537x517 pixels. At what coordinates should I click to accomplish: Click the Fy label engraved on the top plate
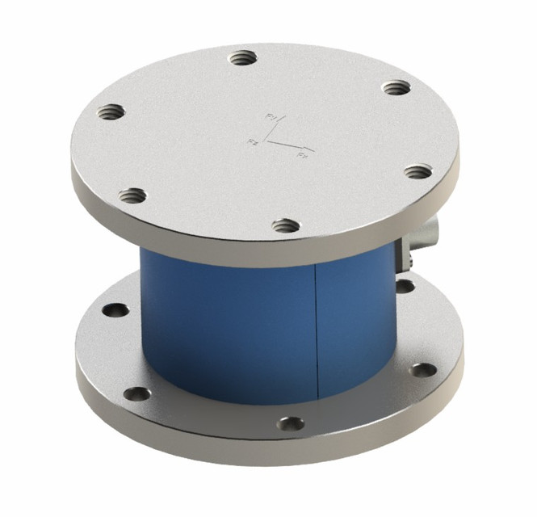click(x=272, y=118)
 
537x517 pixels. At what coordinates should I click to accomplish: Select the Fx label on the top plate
click(x=302, y=153)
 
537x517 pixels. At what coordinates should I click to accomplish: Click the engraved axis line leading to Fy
click(x=273, y=130)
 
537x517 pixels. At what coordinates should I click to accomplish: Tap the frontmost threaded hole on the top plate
click(x=284, y=225)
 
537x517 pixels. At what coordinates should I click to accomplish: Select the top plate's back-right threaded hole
click(x=393, y=87)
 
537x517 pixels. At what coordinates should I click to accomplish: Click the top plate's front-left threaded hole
click(x=131, y=195)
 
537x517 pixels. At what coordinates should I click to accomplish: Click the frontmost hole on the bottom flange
click(x=290, y=423)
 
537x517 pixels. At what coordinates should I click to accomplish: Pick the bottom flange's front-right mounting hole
click(x=422, y=370)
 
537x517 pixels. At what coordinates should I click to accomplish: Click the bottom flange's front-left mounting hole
click(x=136, y=394)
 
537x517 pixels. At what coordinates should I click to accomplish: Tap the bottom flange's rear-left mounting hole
click(x=114, y=309)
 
